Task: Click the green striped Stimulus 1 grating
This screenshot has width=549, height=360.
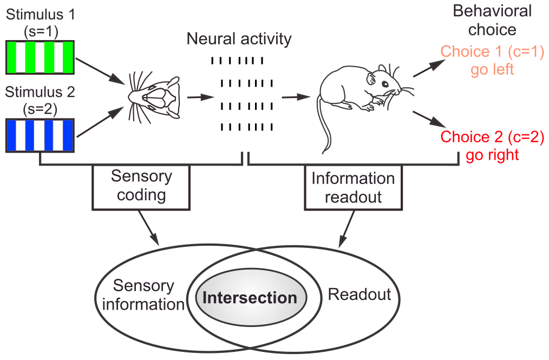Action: (40, 57)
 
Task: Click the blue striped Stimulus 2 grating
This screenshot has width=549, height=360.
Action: (40, 135)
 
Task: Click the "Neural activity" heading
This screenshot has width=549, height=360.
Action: (239, 39)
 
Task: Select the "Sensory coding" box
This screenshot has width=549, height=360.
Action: (141, 187)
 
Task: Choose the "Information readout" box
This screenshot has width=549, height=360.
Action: (352, 187)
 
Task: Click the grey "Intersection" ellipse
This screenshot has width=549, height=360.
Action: (250, 298)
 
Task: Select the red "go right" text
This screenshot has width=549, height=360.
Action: (492, 155)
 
